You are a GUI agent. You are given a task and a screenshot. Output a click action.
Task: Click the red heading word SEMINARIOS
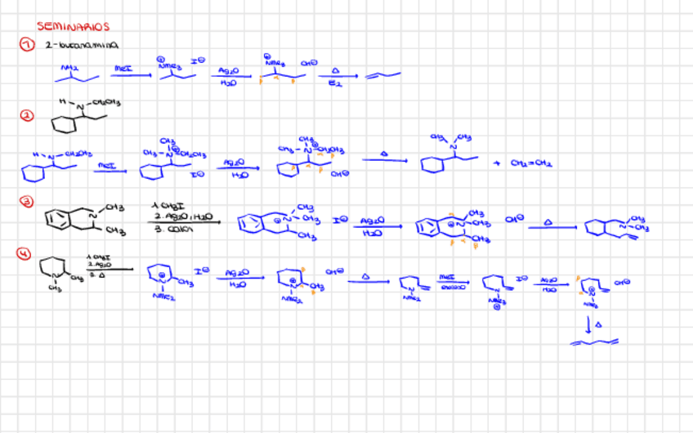(73, 27)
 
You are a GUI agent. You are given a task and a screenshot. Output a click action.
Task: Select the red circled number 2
(26, 116)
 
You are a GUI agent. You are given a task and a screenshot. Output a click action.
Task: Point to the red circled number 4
(26, 252)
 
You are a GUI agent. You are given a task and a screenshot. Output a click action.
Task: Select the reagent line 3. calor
(168, 226)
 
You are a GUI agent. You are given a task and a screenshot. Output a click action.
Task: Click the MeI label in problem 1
(123, 69)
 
